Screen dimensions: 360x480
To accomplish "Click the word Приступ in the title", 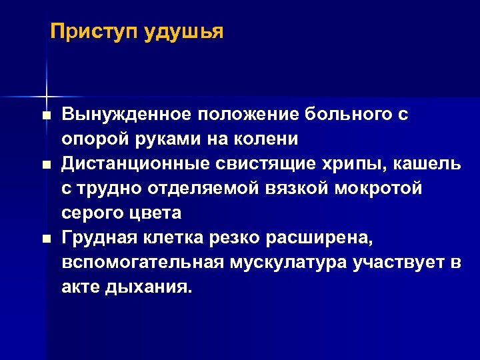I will tap(93, 31).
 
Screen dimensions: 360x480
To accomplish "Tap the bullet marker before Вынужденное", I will tap(45, 116).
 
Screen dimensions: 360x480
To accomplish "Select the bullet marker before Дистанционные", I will tap(45, 165).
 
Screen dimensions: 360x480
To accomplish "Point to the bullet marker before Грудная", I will tap(45, 239).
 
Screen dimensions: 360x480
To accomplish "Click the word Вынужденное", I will tap(125, 115).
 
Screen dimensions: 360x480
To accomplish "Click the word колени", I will tap(269, 139).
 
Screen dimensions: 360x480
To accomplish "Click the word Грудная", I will tap(97, 238).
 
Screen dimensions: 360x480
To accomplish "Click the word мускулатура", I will tap(279, 263).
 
